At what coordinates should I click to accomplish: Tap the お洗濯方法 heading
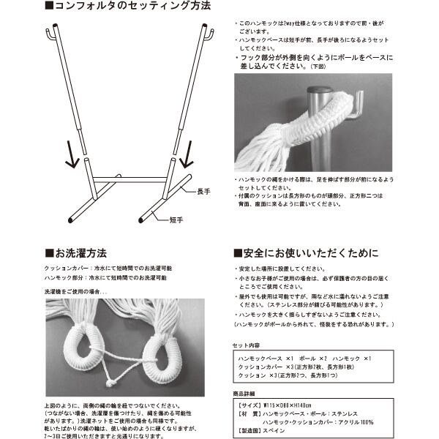pos(80,253)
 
